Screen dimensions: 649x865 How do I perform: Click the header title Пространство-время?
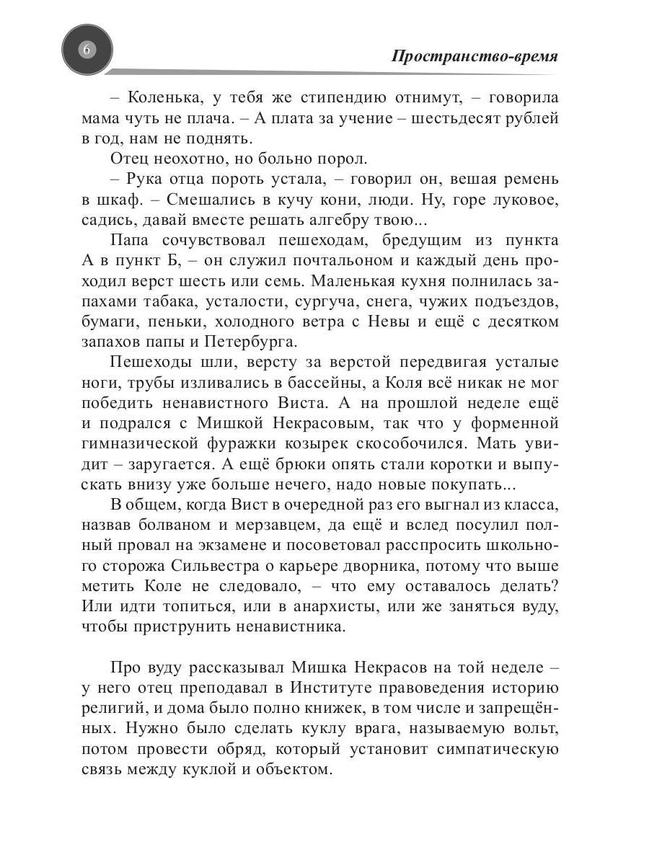pyautogui.click(x=474, y=57)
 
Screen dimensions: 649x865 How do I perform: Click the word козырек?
pyautogui.click(x=337, y=442)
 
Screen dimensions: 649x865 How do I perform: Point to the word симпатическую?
pyautogui.click(x=498, y=748)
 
